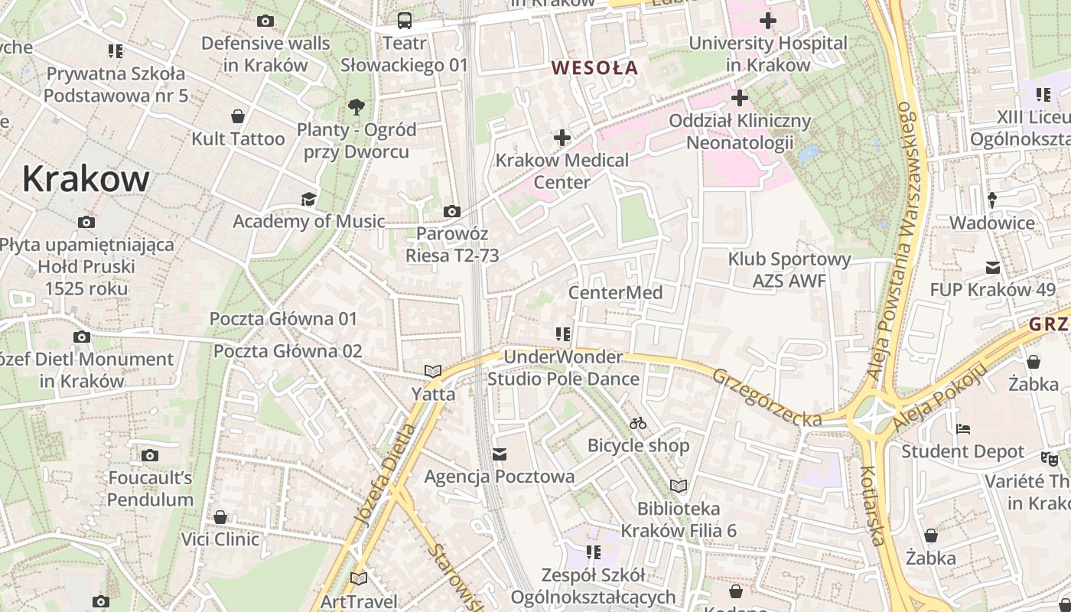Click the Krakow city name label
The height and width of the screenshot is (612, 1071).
pyautogui.click(x=86, y=179)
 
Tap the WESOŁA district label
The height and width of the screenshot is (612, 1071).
pyautogui.click(x=594, y=67)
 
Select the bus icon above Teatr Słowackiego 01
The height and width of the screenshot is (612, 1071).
pyautogui.click(x=404, y=21)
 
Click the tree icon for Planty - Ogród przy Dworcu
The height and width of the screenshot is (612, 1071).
pyautogui.click(x=356, y=107)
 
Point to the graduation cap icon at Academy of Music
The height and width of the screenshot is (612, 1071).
pyautogui.click(x=308, y=200)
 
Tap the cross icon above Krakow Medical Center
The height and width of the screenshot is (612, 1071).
pyautogui.click(x=562, y=138)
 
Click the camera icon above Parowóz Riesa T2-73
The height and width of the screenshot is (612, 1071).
pyautogui.click(x=452, y=211)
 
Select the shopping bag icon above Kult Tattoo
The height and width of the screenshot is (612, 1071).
pyautogui.click(x=238, y=116)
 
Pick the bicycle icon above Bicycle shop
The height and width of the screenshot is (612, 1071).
pyautogui.click(x=638, y=423)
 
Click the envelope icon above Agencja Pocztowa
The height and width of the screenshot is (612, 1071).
pyautogui.click(x=500, y=454)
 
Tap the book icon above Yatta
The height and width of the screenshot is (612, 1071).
pyautogui.click(x=433, y=371)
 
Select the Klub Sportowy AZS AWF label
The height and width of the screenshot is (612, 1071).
pyautogui.click(x=789, y=270)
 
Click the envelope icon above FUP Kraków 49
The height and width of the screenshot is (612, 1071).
pyautogui.click(x=992, y=268)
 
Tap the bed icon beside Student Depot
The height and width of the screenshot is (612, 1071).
pyautogui.click(x=963, y=429)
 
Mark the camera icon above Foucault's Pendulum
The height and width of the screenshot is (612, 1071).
pyautogui.click(x=150, y=456)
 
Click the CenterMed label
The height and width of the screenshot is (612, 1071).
pyautogui.click(x=615, y=293)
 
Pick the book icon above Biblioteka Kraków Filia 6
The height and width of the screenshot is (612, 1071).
pyautogui.click(x=679, y=486)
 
